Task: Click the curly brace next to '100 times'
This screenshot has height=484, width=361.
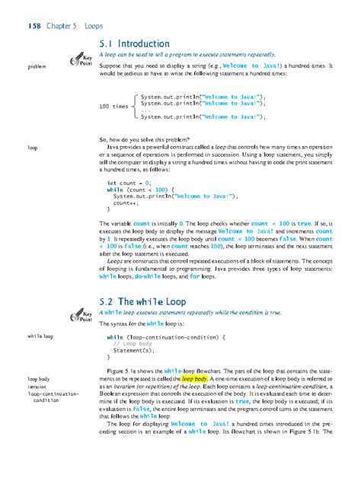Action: pyautogui.click(x=135, y=107)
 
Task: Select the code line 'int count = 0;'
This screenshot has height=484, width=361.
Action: pyautogui.click(x=133, y=183)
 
